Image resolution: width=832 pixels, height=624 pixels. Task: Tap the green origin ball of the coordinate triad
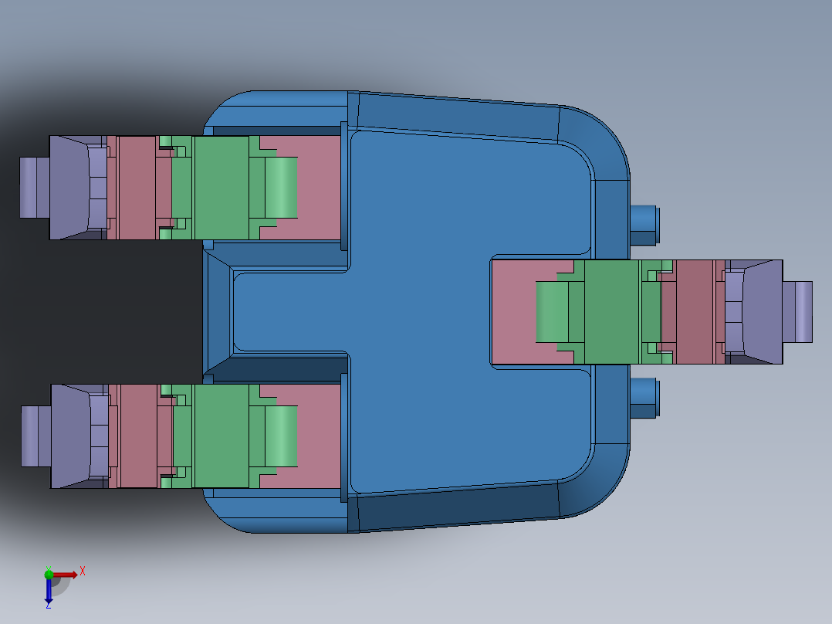49,574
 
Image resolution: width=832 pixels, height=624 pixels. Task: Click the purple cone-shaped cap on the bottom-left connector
71,436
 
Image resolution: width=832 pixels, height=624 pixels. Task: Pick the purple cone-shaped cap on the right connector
763,312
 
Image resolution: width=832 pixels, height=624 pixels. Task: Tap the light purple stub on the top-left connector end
34,188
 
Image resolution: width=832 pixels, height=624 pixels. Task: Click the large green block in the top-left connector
221,188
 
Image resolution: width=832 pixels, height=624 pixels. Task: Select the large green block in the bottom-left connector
221,436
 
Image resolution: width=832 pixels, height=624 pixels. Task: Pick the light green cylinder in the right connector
551,312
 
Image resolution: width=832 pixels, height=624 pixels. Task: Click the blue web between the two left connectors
286,312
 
